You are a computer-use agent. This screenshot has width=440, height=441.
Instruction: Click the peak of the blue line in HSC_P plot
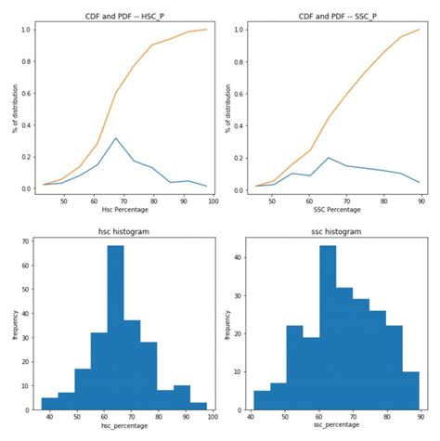tap(115, 138)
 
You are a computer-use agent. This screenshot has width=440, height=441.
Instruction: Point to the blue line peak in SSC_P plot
tap(329, 158)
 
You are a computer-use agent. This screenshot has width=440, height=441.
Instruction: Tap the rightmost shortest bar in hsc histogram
tap(200, 407)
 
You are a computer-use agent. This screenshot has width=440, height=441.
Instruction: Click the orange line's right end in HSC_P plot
tap(207, 30)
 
